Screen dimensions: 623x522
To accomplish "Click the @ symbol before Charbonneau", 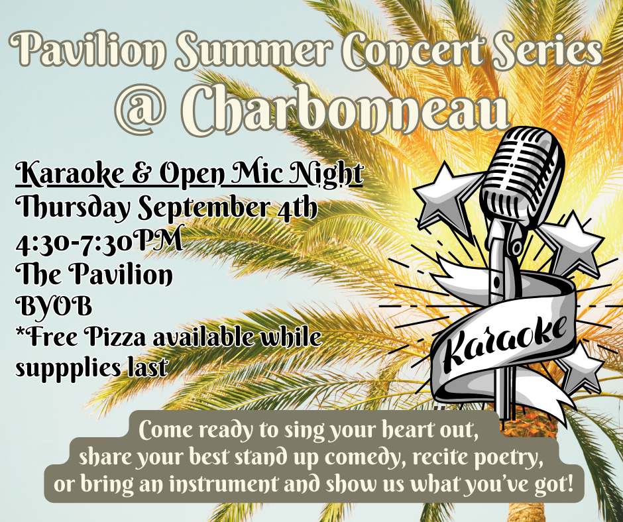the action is (141, 109).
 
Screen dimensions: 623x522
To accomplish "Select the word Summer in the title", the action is (255, 48).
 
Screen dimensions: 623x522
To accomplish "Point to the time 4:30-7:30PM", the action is (99, 240).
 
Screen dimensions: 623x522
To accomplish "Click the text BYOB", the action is (54, 306).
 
